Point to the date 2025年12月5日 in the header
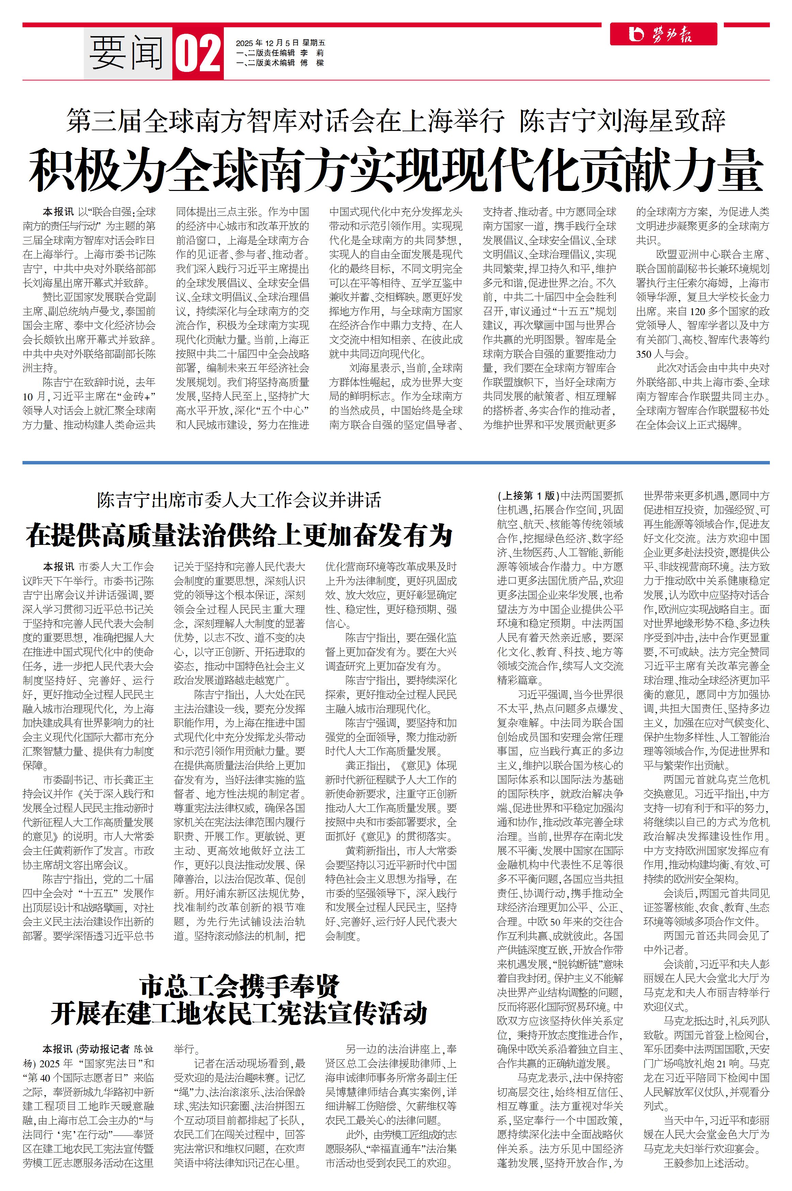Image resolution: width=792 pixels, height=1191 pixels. pyautogui.click(x=268, y=43)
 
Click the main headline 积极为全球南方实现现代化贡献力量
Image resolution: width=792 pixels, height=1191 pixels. pyautogui.click(x=395, y=169)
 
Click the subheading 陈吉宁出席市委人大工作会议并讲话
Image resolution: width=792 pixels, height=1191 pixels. pyautogui.click(x=239, y=501)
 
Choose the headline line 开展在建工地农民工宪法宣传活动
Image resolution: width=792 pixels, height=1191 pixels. pyautogui.click(x=239, y=1013)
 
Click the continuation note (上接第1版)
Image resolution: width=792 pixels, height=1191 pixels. pyautogui.click(x=528, y=495)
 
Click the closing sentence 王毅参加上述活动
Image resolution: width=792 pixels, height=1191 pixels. pyautogui.click(x=704, y=1163)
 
